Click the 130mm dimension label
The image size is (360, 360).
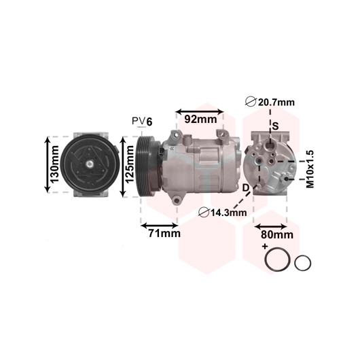54,164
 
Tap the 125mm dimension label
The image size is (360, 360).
130,164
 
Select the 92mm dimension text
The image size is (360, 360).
200,120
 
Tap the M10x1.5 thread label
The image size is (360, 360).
310,169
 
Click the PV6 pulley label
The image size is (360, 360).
142,121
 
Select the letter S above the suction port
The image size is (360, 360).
276,126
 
